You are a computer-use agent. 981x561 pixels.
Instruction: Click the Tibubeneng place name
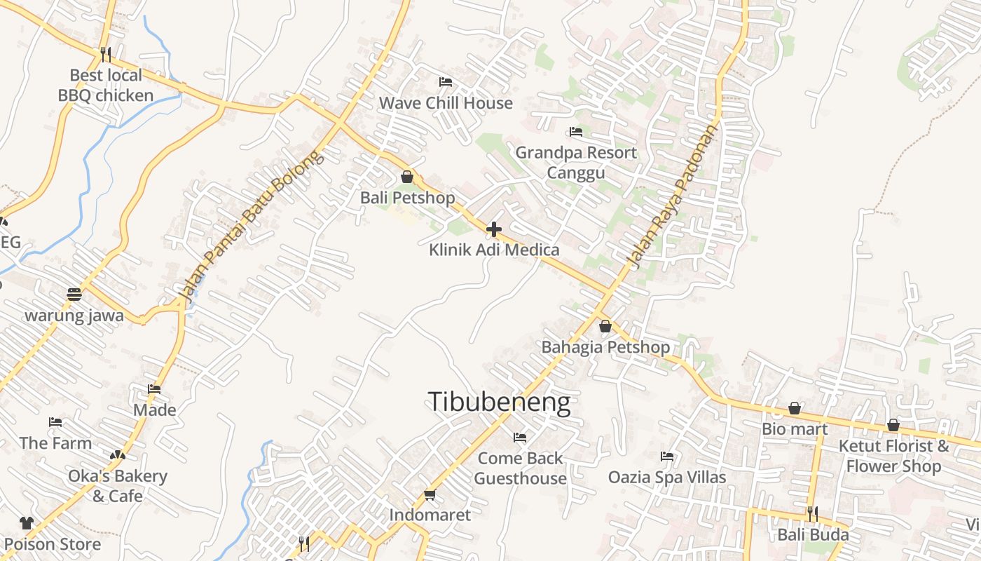pyautogui.click(x=499, y=403)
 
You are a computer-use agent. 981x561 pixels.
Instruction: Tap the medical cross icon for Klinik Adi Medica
pyautogui.click(x=494, y=229)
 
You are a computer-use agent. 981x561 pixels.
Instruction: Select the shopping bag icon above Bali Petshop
pyautogui.click(x=406, y=177)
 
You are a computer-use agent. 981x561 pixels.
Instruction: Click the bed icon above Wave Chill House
pyautogui.click(x=445, y=82)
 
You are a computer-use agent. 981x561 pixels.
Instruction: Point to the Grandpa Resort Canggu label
pyautogui.click(x=576, y=163)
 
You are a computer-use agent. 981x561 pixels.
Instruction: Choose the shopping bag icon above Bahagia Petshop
pyautogui.click(x=605, y=326)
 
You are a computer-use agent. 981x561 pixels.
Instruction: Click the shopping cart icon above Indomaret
pyautogui.click(x=430, y=495)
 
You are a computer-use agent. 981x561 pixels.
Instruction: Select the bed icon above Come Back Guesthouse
pyautogui.click(x=520, y=438)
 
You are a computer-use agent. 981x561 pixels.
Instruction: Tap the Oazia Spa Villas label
pyautogui.click(x=667, y=478)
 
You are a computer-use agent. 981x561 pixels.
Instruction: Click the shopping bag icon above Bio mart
pyautogui.click(x=795, y=408)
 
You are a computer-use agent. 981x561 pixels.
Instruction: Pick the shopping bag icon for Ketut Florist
pyautogui.click(x=893, y=425)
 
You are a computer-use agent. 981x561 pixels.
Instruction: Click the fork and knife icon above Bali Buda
pyautogui.click(x=812, y=514)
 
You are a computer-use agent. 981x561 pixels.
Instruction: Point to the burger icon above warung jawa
pyautogui.click(x=74, y=295)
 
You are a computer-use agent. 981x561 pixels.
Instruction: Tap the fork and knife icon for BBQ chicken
pyautogui.click(x=106, y=53)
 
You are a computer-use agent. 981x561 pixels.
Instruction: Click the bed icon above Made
pyautogui.click(x=154, y=389)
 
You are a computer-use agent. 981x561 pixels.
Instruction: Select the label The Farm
pyautogui.click(x=55, y=443)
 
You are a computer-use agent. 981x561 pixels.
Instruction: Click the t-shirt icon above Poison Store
pyautogui.click(x=27, y=523)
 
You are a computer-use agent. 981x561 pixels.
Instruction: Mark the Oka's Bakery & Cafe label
pyautogui.click(x=118, y=486)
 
